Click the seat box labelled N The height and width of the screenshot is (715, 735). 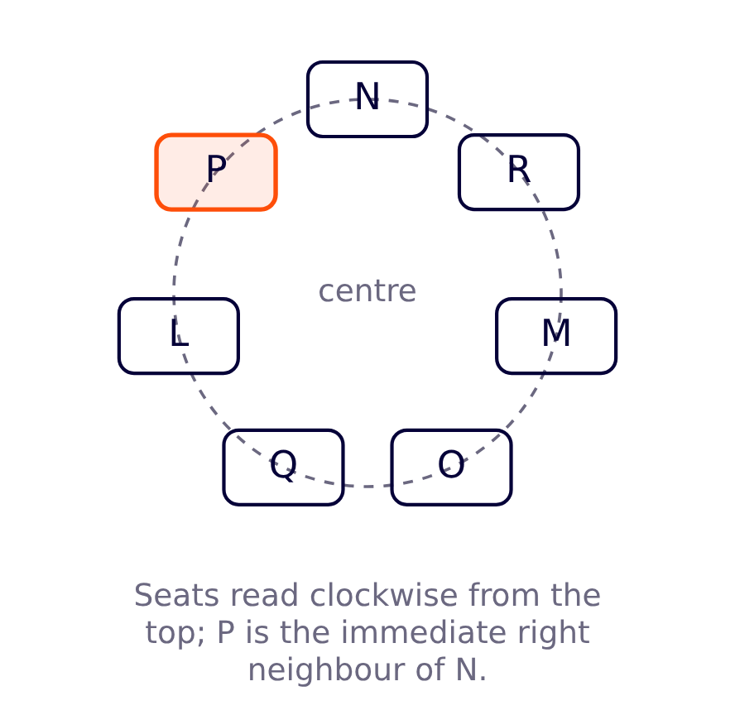pos(367,99)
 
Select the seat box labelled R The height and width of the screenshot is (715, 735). pos(519,172)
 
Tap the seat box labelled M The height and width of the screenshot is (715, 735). pos(556,336)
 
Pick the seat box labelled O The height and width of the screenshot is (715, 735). pos(451,467)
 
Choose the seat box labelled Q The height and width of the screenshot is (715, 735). pos(284,467)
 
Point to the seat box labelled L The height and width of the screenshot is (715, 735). pos(179,336)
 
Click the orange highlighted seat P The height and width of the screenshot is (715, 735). pos(216,172)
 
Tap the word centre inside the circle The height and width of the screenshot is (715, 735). pos(367,291)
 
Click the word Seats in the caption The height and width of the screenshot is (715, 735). pos(176,596)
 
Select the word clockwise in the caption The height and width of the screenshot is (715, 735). pos(384,595)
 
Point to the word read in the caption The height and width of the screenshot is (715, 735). pos(264,595)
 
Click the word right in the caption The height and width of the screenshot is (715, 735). pos(554,633)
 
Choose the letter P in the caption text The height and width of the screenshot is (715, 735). pos(225,632)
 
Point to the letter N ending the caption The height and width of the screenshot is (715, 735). pos(467,670)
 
